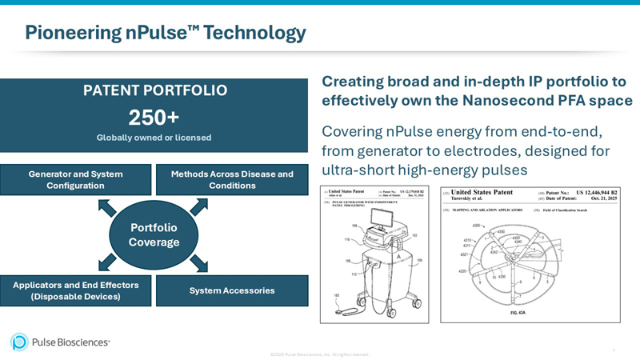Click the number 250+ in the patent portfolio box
(154, 116)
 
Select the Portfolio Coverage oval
(154, 234)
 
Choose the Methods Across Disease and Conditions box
(232, 180)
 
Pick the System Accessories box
(232, 290)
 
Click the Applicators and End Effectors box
(76, 290)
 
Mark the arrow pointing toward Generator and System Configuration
(107, 208)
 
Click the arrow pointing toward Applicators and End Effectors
(107, 262)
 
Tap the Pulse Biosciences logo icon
(19, 342)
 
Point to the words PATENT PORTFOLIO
(154, 90)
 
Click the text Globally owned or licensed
(154, 138)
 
